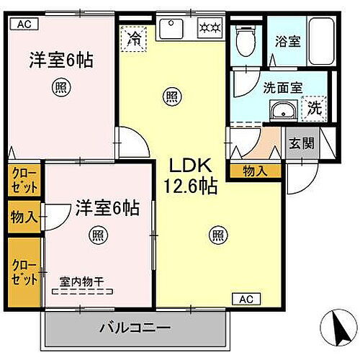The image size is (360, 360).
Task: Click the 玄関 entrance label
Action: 302,143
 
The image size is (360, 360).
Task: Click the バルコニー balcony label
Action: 135,328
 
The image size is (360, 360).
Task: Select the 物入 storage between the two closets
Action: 24,216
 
